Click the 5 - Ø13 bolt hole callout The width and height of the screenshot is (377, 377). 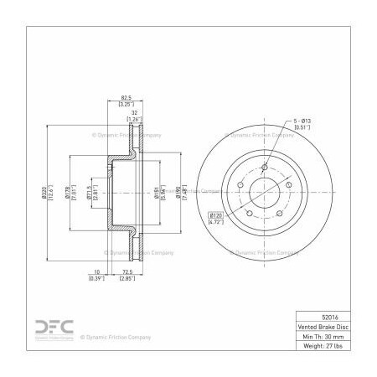(x=303, y=121)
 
